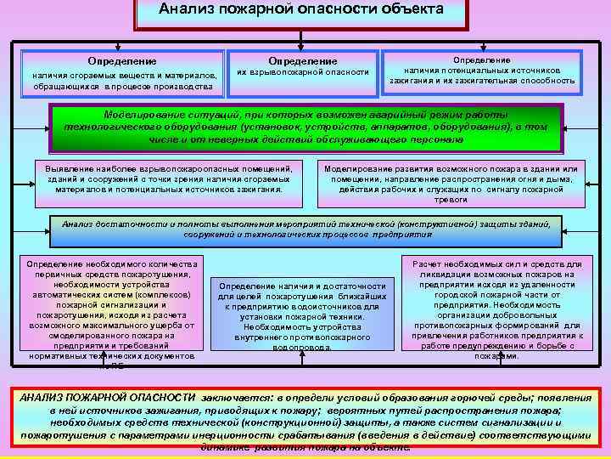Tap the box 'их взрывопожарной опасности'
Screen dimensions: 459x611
click(x=303, y=74)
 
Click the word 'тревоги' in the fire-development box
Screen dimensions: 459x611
click(x=451, y=200)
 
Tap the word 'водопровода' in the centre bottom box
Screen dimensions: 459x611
click(x=304, y=347)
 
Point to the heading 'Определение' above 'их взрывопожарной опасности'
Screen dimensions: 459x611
click(x=303, y=61)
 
